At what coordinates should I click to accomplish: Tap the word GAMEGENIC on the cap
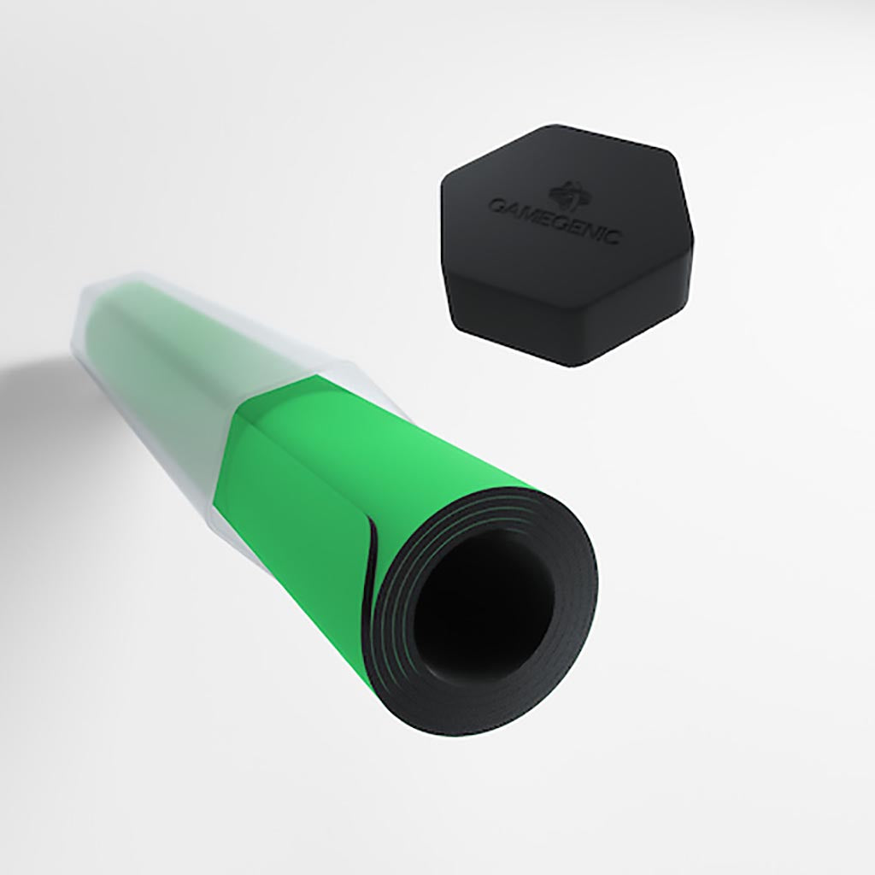point(555,220)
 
